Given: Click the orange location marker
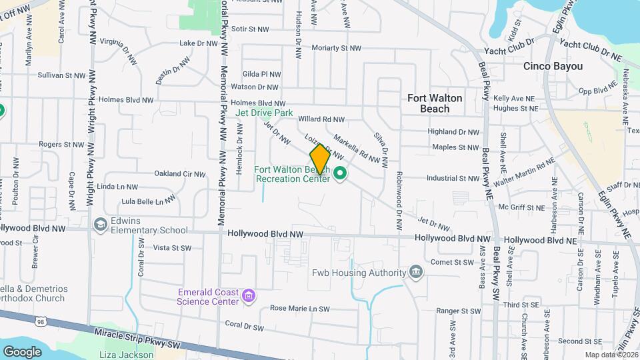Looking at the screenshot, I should pyautogui.click(x=320, y=159).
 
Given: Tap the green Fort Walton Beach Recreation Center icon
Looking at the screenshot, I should pyautogui.click(x=340, y=175).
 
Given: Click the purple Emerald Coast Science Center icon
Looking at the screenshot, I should pyautogui.click(x=249, y=295).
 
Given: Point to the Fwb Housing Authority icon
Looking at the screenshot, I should pyautogui.click(x=415, y=271).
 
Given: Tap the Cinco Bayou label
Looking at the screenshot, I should pyautogui.click(x=553, y=67).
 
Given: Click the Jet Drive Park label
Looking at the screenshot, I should pyautogui.click(x=265, y=113).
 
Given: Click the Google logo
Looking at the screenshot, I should pyautogui.click(x=22, y=351).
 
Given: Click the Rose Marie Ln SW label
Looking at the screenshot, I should pyautogui.click(x=299, y=309).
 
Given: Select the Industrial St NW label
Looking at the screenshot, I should pyautogui.click(x=453, y=178).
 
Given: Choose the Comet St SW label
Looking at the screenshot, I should pyautogui.click(x=451, y=262).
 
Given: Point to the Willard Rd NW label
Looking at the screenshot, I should pyautogui.click(x=321, y=119).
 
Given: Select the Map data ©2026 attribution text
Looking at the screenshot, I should pyautogui.click(x=611, y=355).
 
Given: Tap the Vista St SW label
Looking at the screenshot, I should pyautogui.click(x=172, y=247).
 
